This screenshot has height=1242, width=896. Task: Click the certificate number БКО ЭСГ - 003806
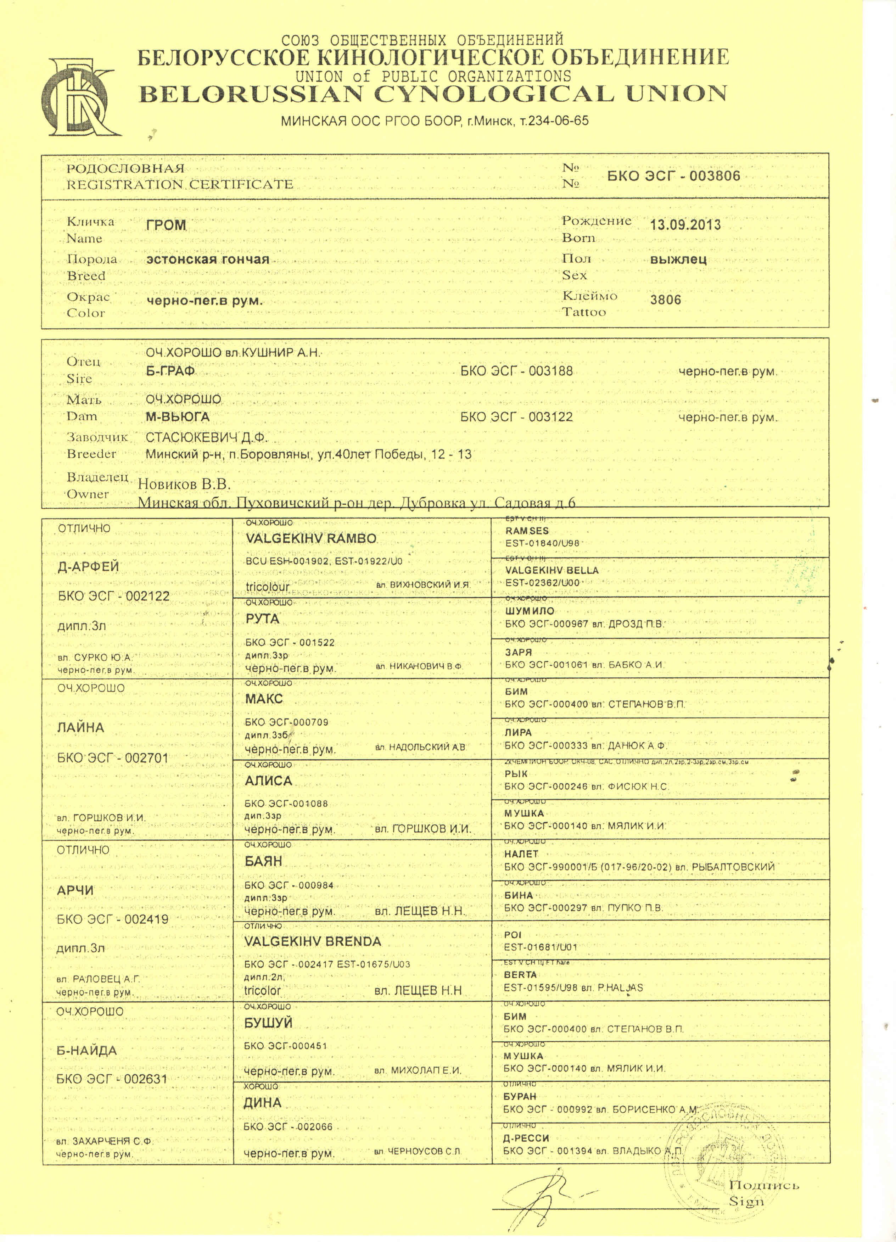click(674, 176)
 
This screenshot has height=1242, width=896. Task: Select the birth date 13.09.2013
click(685, 224)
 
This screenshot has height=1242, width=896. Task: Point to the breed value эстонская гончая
click(208, 259)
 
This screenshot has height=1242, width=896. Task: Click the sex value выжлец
click(678, 259)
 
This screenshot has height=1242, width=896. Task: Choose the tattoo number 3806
click(665, 300)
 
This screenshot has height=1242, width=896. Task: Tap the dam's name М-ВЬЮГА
click(178, 417)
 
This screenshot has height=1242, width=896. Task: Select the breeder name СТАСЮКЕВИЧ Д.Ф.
click(207, 437)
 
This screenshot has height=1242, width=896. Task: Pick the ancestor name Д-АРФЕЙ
click(88, 566)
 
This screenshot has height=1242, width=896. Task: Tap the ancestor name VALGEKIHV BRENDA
click(312, 941)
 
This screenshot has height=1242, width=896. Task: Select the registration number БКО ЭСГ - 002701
click(113, 758)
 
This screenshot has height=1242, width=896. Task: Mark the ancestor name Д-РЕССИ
click(526, 1138)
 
